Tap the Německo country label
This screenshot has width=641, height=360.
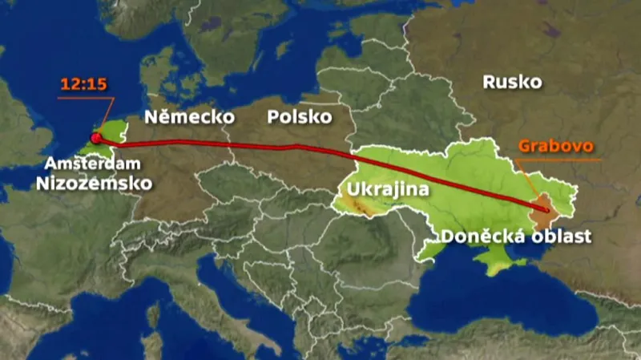tap(189, 117)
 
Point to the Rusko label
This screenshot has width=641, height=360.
tap(513, 82)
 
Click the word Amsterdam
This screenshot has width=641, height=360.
tap(92, 164)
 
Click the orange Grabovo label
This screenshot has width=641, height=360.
tap(555, 147)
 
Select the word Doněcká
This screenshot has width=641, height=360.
tap(478, 236)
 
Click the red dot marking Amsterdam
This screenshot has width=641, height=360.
tap(96, 138)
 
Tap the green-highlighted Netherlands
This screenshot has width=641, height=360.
tap(112, 128)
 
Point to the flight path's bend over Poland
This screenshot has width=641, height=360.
tap(296, 147)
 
